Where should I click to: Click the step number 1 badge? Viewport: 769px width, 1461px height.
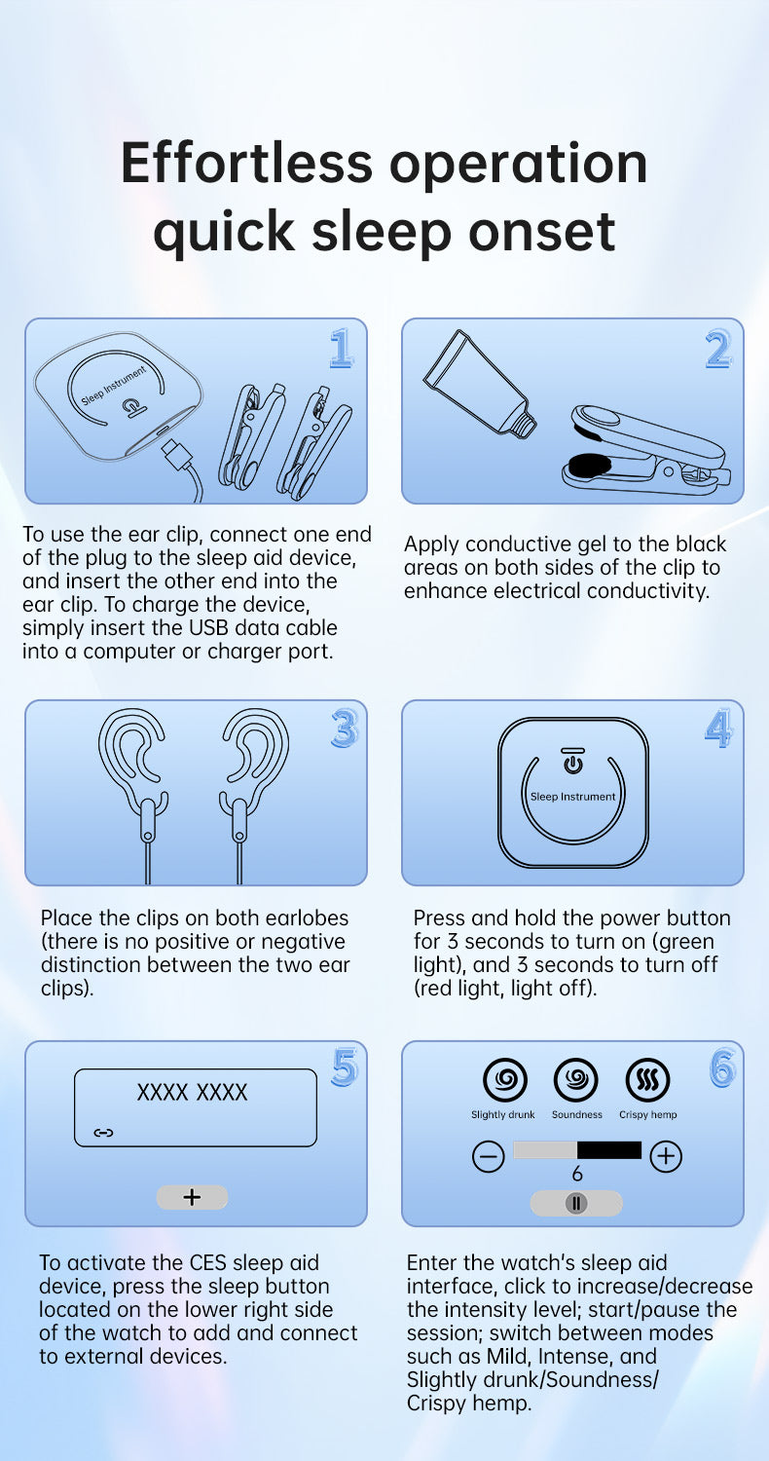coord(342,348)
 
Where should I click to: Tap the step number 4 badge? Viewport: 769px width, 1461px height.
coord(718,728)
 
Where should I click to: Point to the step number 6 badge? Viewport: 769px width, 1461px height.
coord(722,1068)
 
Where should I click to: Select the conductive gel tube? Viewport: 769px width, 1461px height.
coord(479,383)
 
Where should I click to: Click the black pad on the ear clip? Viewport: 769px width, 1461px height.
coord(590,465)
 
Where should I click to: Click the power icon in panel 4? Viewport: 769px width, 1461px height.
coord(572,761)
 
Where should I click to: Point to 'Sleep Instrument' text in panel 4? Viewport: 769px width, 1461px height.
coord(572,797)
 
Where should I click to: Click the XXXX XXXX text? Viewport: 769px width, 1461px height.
coord(193,1092)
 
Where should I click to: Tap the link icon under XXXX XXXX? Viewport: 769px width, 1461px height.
coord(103,1133)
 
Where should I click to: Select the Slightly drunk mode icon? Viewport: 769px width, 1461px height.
coord(505,1079)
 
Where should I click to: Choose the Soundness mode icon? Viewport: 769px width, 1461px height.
coord(575,1079)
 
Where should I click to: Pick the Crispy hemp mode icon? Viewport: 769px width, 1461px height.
coord(647,1079)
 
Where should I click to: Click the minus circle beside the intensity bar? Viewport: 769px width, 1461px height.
coord(488,1156)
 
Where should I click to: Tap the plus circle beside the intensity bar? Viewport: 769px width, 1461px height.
coord(666,1156)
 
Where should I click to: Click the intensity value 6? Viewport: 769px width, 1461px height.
coord(576,1174)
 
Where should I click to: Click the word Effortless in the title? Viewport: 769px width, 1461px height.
coord(247,163)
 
